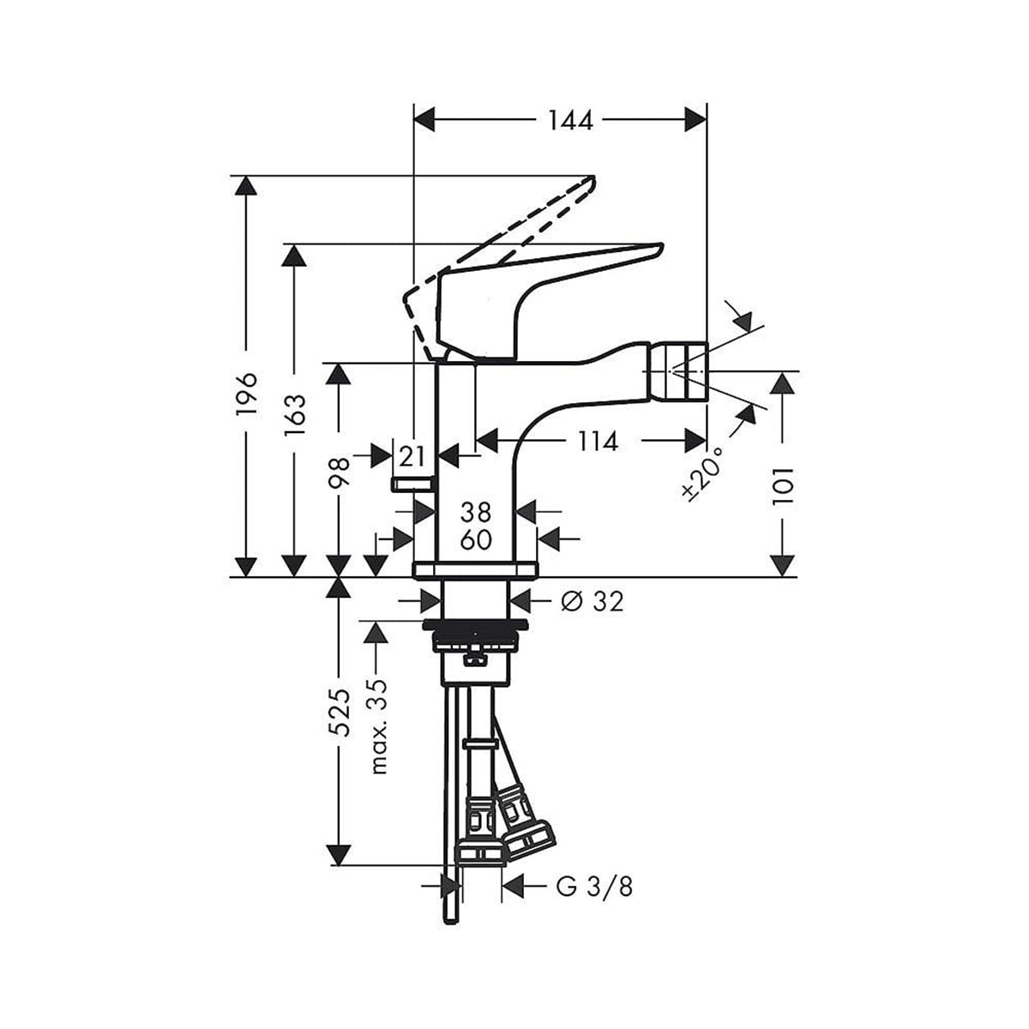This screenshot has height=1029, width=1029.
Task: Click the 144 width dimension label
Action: click(x=570, y=121)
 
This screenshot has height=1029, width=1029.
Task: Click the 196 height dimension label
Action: click(x=248, y=394)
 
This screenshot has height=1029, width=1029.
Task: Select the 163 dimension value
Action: click(x=295, y=415)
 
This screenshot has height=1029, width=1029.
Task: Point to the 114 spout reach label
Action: click(x=597, y=442)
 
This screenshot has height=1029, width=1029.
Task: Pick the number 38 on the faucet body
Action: click(x=476, y=513)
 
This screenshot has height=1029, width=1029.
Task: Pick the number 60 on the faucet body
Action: click(x=476, y=540)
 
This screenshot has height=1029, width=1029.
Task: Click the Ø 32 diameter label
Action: click(x=592, y=602)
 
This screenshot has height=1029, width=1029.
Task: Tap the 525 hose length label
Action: click(x=340, y=712)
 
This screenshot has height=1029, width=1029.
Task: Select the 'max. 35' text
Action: click(x=378, y=725)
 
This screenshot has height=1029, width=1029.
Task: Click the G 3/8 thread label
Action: click(x=594, y=886)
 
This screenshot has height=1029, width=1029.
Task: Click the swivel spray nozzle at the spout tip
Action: click(x=677, y=371)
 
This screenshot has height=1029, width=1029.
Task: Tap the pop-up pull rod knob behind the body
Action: click(x=412, y=484)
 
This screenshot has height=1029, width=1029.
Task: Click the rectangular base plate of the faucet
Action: click(x=474, y=569)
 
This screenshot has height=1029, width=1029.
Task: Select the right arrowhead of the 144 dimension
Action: click(x=695, y=121)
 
